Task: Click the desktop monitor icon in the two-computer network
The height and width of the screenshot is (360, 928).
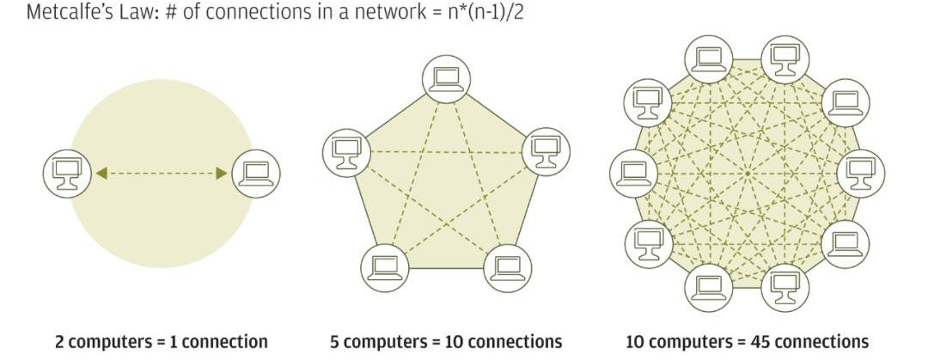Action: click(66, 174)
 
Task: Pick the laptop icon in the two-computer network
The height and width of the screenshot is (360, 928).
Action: click(256, 174)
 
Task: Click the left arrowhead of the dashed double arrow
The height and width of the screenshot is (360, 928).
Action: click(101, 174)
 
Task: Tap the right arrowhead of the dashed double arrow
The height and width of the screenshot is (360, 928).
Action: click(222, 174)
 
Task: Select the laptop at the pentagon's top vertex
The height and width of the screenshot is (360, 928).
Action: click(446, 81)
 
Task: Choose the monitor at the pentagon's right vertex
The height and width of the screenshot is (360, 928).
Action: click(546, 150)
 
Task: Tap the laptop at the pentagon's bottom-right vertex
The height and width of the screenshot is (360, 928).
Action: click(508, 268)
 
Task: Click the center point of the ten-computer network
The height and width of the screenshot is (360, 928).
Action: click(747, 174)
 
